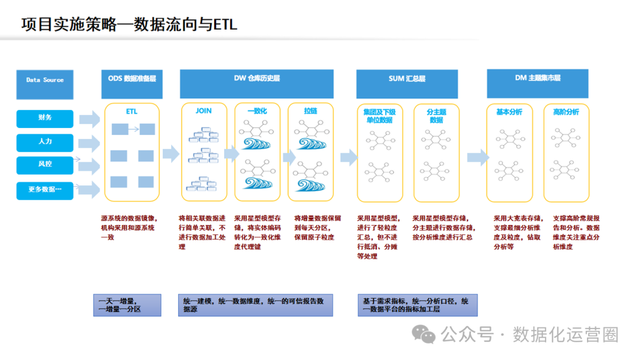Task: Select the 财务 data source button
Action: pyautogui.click(x=45, y=118)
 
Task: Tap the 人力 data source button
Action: pyautogui.click(x=45, y=142)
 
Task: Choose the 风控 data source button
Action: pyautogui.click(x=45, y=165)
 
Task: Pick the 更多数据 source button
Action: pyautogui.click(x=45, y=190)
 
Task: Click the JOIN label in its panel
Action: pyautogui.click(x=203, y=111)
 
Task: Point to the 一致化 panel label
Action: pyautogui.click(x=257, y=111)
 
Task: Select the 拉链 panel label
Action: pyautogui.click(x=311, y=111)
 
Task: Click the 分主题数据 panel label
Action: pyautogui.click(x=437, y=115)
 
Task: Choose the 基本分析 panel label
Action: pyautogui.click(x=509, y=112)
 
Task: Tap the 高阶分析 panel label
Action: pyautogui.click(x=566, y=112)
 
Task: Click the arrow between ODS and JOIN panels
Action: pyautogui.click(x=170, y=154)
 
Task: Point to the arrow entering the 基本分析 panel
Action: pyautogui.click(x=477, y=157)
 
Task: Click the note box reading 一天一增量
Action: pyautogui.click(x=127, y=305)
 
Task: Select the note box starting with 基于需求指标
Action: pyautogui.click(x=417, y=305)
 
